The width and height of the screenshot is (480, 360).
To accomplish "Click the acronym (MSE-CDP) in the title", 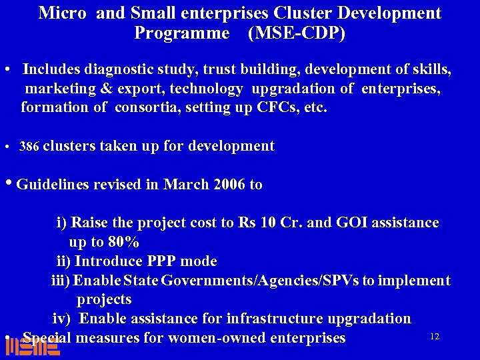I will coord(296,33).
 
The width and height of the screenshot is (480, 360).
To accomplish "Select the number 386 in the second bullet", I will coord(29,147).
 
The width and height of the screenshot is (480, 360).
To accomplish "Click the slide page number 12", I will coord(435,337).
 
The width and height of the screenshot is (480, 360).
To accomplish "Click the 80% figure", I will coord(123,241).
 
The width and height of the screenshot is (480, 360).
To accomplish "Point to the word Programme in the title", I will coord(181,33).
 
